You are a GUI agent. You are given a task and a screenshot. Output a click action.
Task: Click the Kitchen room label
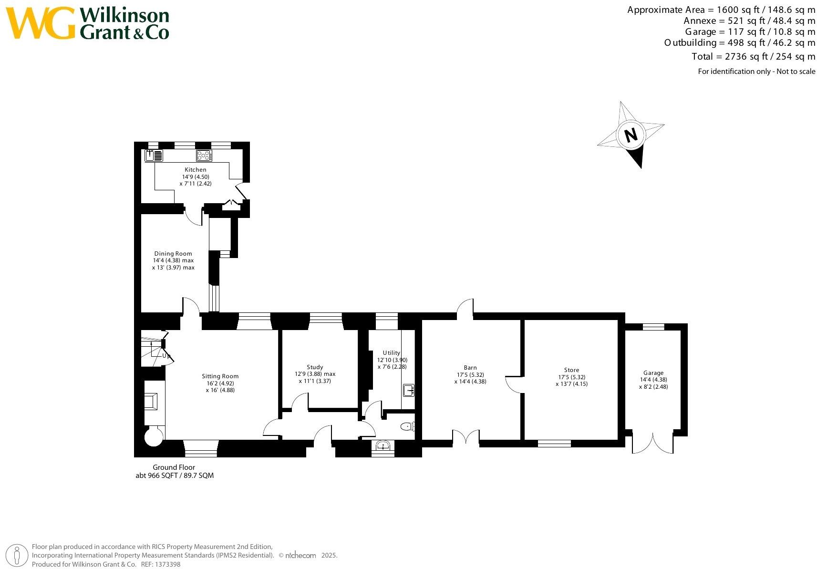[196, 170]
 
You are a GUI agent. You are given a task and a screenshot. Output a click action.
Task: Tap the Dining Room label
[173, 254]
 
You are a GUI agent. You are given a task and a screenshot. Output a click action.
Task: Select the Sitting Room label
[220, 376]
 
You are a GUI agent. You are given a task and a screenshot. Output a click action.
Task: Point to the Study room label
[315, 367]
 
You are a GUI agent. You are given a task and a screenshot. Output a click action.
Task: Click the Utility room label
[392, 353]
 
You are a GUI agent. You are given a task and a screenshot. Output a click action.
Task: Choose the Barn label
[470, 368]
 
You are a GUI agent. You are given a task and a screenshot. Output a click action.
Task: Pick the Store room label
[571, 370]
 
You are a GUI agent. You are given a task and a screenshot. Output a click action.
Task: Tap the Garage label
[653, 373]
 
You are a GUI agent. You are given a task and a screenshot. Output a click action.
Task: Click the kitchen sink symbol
[154, 155]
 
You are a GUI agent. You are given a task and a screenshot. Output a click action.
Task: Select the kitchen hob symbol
[204, 155]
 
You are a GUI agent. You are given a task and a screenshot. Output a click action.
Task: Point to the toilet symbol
[408, 426]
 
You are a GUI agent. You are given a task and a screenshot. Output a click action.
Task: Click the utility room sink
[409, 391]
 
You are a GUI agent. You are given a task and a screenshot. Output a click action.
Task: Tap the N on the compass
[631, 135]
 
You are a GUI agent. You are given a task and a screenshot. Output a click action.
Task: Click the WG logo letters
[41, 23]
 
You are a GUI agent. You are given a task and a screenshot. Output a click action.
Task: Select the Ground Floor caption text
[174, 467]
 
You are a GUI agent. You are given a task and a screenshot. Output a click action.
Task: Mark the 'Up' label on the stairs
[166, 356]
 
